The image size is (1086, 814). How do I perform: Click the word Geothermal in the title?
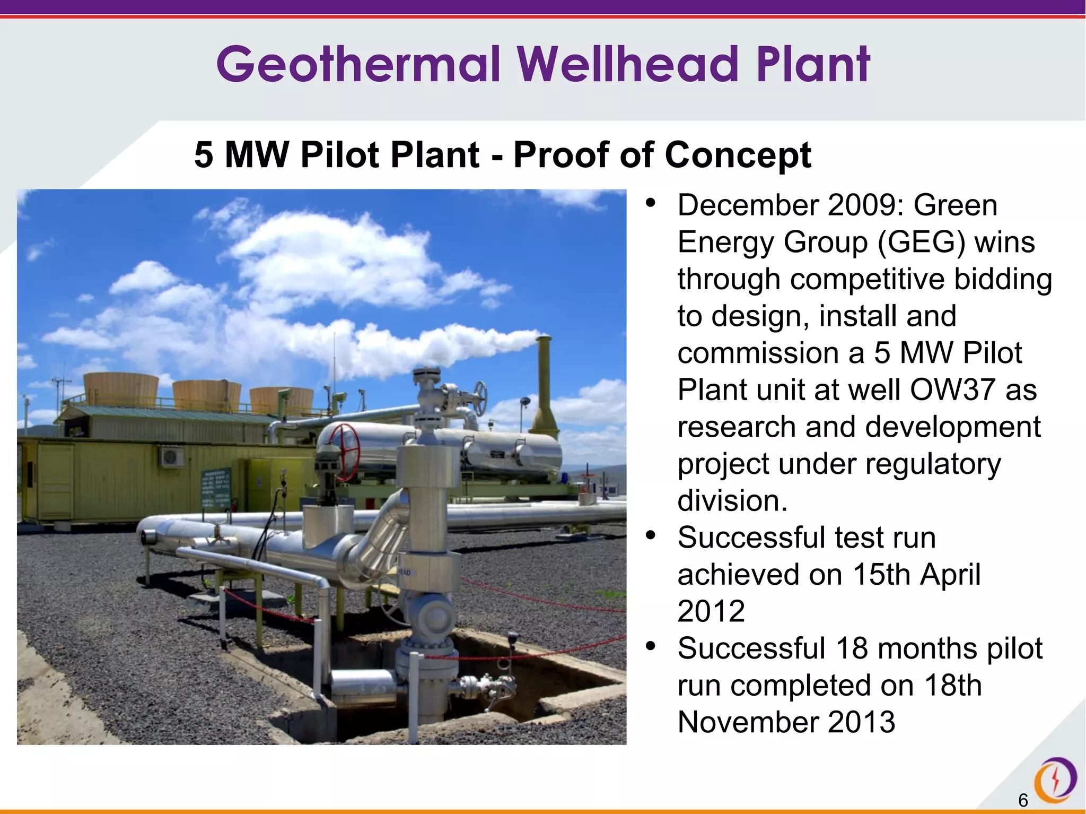(358, 65)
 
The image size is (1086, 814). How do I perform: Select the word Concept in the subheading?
(738, 155)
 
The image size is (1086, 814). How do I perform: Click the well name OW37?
(952, 390)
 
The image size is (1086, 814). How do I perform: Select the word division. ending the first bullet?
(732, 501)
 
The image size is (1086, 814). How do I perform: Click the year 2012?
(711, 611)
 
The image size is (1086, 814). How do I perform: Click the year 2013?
(861, 722)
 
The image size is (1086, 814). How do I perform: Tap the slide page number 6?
(1023, 800)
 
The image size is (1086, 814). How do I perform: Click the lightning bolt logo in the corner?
(1055, 780)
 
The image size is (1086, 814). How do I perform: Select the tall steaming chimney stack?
(545, 387)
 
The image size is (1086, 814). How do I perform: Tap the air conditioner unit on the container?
(172, 457)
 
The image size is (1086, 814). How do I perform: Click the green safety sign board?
(216, 488)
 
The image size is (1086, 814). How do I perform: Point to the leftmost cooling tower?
(121, 391)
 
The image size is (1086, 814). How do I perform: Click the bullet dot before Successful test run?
(651, 535)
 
